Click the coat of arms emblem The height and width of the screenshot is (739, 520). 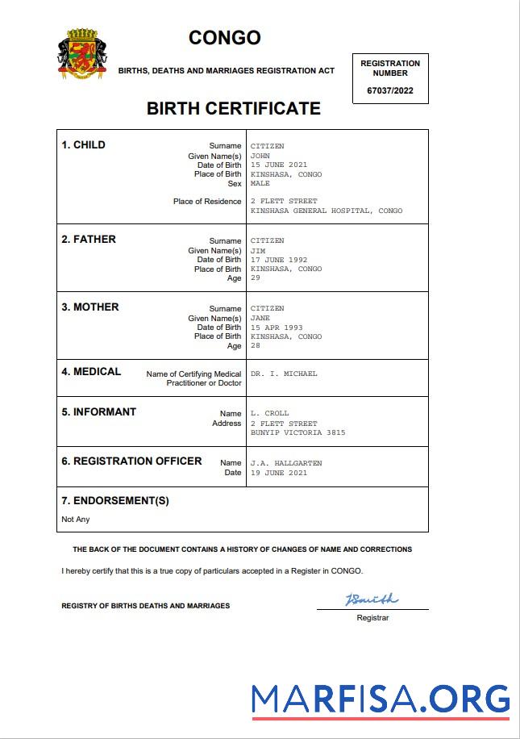[x=82, y=55]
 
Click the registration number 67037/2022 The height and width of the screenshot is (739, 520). [x=390, y=90]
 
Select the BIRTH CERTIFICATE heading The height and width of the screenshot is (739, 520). [x=234, y=109]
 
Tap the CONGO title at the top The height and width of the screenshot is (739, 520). [x=225, y=38]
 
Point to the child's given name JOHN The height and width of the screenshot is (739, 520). [x=260, y=156]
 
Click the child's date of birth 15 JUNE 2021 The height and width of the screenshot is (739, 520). [x=279, y=165]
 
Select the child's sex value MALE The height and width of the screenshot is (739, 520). [x=260, y=183]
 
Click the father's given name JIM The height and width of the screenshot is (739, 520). [x=258, y=250]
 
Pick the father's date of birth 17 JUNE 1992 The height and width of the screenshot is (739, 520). [x=279, y=260]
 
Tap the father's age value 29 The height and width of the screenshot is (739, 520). [x=256, y=278]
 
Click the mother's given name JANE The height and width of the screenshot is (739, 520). [x=260, y=318]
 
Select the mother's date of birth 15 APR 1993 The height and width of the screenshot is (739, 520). [x=277, y=328]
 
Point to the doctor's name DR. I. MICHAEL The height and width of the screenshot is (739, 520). [x=284, y=374]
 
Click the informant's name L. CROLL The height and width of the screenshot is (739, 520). [x=269, y=413]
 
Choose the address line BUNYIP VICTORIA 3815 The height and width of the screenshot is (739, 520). [x=297, y=432]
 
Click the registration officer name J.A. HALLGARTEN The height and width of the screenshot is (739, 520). [x=286, y=463]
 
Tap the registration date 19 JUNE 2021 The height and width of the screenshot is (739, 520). [x=279, y=473]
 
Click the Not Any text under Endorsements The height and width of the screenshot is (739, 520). [x=76, y=519]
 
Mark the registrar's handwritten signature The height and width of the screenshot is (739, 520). [x=372, y=599]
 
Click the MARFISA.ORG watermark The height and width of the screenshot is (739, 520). [x=380, y=699]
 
